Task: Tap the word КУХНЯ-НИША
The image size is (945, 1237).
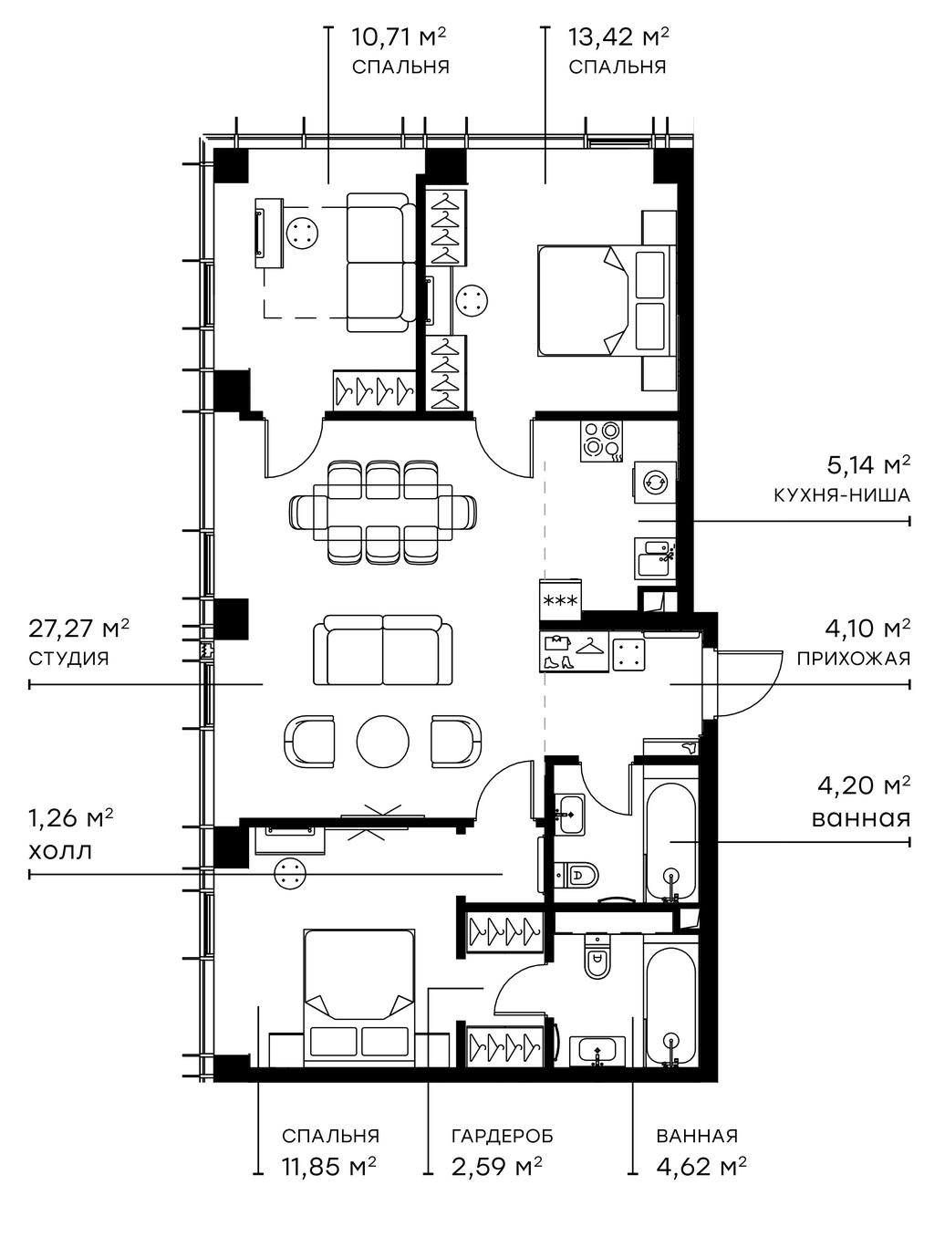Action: pos(841,496)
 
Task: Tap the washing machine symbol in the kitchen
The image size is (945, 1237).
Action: pos(655,482)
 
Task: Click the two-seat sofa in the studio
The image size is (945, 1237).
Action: pos(382,650)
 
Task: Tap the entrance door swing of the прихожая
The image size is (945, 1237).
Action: pos(743,684)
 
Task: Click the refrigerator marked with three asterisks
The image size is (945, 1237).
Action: pos(560,600)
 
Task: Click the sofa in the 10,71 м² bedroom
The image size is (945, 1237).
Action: pos(376,263)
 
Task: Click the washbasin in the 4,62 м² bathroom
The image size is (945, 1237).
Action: pos(597,1052)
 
